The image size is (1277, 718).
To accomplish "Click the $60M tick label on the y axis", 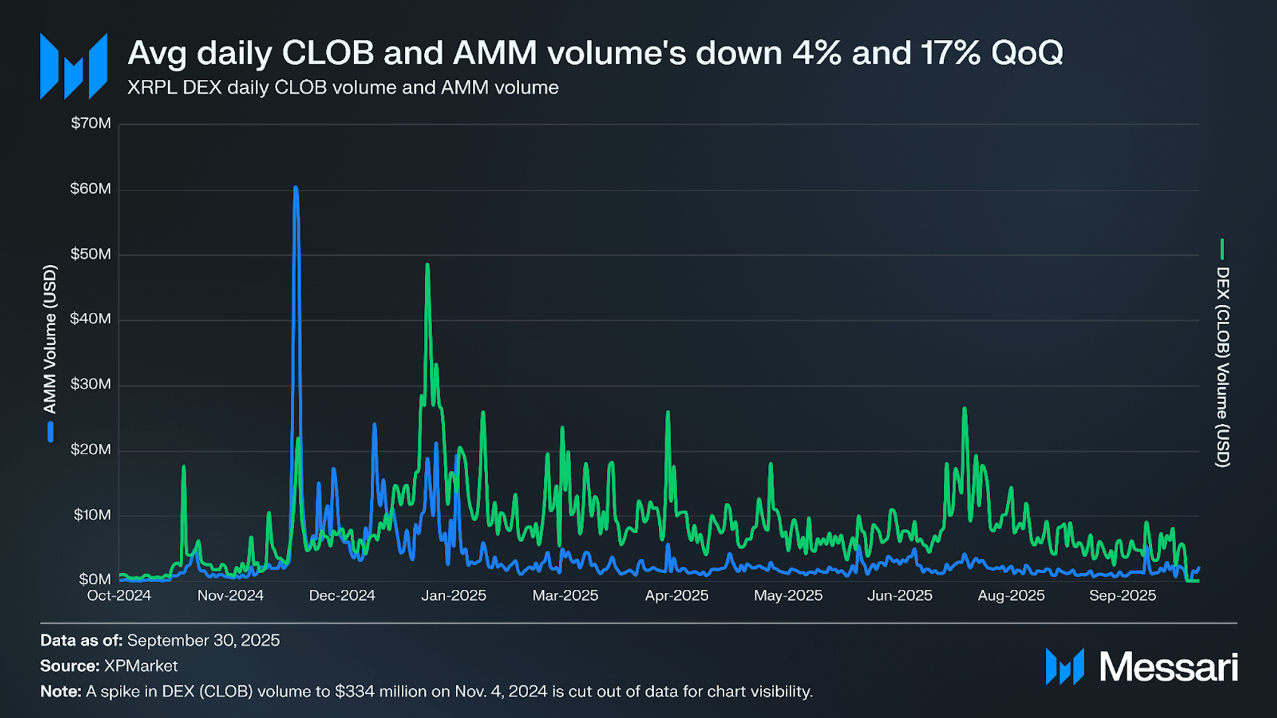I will [x=91, y=189].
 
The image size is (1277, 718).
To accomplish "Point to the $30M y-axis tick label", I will [x=91, y=384].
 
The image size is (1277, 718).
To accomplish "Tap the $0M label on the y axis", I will [x=95, y=579].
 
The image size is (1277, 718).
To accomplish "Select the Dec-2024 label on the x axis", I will [x=342, y=596].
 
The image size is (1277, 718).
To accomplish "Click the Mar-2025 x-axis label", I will [x=565, y=596].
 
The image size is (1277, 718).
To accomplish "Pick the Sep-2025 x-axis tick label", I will [x=1123, y=596].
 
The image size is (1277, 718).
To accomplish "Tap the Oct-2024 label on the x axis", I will [x=119, y=596].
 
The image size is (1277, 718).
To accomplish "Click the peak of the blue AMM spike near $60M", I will [x=296, y=188].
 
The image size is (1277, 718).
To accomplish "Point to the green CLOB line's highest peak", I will [x=427, y=265].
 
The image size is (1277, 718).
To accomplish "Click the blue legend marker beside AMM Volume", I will [x=51, y=432].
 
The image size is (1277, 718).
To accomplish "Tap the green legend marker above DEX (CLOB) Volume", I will [x=1222, y=249].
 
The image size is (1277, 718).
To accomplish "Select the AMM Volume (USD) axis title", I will [x=50, y=340].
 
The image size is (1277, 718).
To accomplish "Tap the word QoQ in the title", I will [x=1027, y=53].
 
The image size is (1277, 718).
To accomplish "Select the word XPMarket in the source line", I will [x=141, y=666].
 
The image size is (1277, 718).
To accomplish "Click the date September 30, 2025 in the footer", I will [x=203, y=641].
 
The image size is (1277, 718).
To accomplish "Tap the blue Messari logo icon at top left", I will [x=74, y=66].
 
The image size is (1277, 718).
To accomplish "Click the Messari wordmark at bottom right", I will [x=1168, y=667].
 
